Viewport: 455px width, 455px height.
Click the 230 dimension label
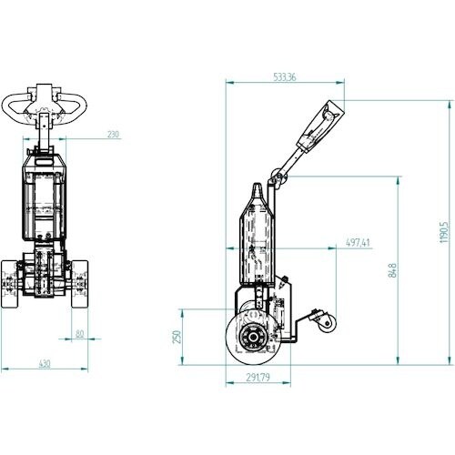pyautogui.click(x=113, y=134)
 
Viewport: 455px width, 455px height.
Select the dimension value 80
pyautogui.click(x=80, y=334)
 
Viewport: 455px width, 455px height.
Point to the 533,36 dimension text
pyautogui.click(x=284, y=77)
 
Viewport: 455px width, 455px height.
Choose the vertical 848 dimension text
pyautogui.click(x=392, y=270)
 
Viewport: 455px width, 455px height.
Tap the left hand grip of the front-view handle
pyautogui.click(x=12, y=108)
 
